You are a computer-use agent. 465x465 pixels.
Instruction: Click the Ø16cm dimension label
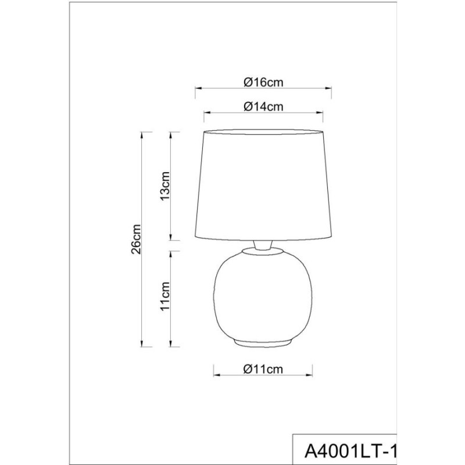(x=263, y=82)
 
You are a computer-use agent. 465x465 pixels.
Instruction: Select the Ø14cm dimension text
(x=263, y=106)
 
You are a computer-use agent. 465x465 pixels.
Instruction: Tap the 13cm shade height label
(x=165, y=185)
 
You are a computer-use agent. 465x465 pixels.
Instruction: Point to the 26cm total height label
(x=136, y=239)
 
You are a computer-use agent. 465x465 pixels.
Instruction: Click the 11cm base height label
(x=165, y=296)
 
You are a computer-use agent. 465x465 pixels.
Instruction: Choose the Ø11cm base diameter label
(x=263, y=369)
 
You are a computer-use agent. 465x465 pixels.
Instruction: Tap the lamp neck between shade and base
(x=262, y=244)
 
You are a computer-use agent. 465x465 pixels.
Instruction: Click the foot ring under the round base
(x=262, y=342)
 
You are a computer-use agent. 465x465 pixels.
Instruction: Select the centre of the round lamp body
(x=263, y=296)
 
